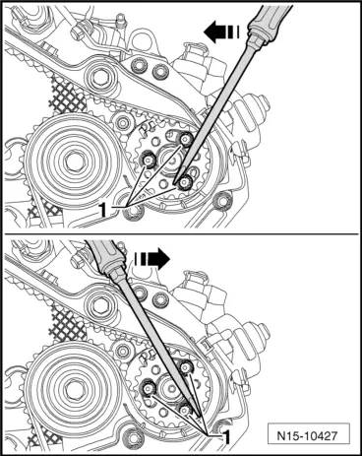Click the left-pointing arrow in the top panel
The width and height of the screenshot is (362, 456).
[221, 33]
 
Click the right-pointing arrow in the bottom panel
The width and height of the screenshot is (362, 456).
[151, 258]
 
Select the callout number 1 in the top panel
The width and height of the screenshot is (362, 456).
[102, 210]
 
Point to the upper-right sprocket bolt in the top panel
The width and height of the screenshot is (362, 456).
[185, 140]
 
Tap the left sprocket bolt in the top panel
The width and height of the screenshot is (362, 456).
[149, 161]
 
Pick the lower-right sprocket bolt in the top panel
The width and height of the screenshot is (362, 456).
[186, 182]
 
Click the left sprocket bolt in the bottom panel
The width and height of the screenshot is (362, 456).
[149, 389]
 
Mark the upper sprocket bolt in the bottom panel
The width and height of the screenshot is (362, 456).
[185, 366]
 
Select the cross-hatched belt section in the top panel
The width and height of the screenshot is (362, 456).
[67, 96]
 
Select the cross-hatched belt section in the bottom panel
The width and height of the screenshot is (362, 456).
[67, 324]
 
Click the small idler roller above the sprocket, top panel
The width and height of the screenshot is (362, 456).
[123, 123]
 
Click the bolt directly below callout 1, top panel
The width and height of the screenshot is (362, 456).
[133, 213]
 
